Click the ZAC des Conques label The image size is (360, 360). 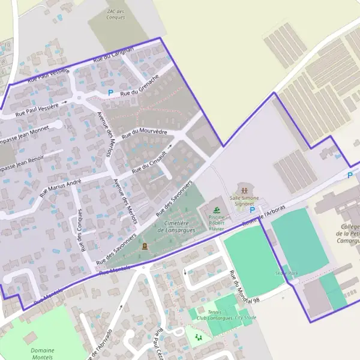(115, 14)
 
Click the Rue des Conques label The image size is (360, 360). (82, 230)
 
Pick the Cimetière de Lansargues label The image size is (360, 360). (178, 226)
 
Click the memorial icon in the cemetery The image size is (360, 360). (144, 246)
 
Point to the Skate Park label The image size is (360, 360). (287, 273)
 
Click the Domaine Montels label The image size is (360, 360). (42, 354)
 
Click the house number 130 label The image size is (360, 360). (67, 127)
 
